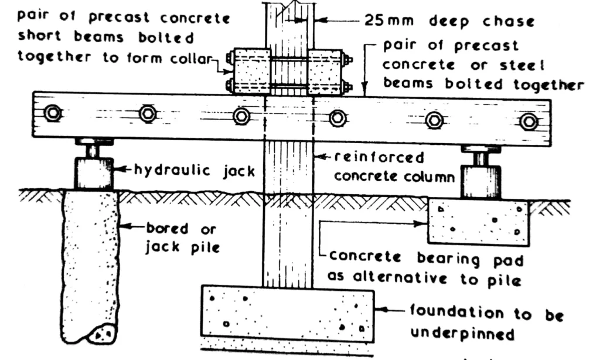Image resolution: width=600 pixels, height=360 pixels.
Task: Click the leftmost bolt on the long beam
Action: [x=53, y=113]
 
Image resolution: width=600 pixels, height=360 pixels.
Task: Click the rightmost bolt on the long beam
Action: [x=529, y=121]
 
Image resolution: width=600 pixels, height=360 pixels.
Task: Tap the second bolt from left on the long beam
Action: [x=148, y=114]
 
